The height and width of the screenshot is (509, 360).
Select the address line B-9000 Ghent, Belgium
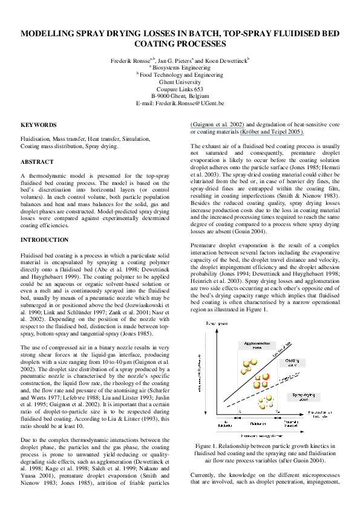click(x=180, y=96)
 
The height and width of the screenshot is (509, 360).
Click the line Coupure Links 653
click(x=180, y=89)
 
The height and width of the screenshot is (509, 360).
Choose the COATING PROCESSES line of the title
click(x=180, y=45)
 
